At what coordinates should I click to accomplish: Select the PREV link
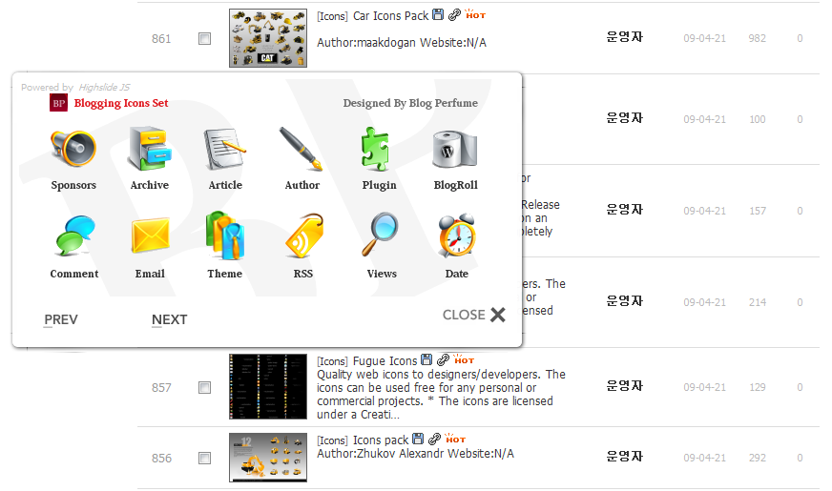click(x=61, y=319)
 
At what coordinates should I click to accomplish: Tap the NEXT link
click(x=169, y=319)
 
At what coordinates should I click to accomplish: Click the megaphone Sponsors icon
click(x=73, y=149)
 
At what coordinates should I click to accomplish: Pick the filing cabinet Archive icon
click(x=150, y=149)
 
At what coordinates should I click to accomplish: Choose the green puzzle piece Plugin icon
click(x=378, y=149)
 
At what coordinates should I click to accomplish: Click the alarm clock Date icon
click(x=456, y=236)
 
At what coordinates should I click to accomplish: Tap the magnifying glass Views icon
click(x=380, y=236)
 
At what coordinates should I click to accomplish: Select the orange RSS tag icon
click(x=303, y=236)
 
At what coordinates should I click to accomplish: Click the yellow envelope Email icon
click(x=150, y=236)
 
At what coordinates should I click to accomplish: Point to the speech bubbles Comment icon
click(x=73, y=236)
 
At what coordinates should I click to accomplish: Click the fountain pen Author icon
click(x=302, y=149)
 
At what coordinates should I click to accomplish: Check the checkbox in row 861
click(x=204, y=39)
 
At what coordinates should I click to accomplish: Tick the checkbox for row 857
click(x=204, y=388)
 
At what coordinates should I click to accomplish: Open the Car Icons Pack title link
click(x=390, y=16)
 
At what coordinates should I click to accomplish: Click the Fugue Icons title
click(x=385, y=361)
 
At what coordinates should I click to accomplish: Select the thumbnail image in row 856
click(x=268, y=458)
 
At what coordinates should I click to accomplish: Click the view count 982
click(x=758, y=39)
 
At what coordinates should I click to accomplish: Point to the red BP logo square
click(x=58, y=103)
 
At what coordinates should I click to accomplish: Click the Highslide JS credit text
click(x=110, y=88)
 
